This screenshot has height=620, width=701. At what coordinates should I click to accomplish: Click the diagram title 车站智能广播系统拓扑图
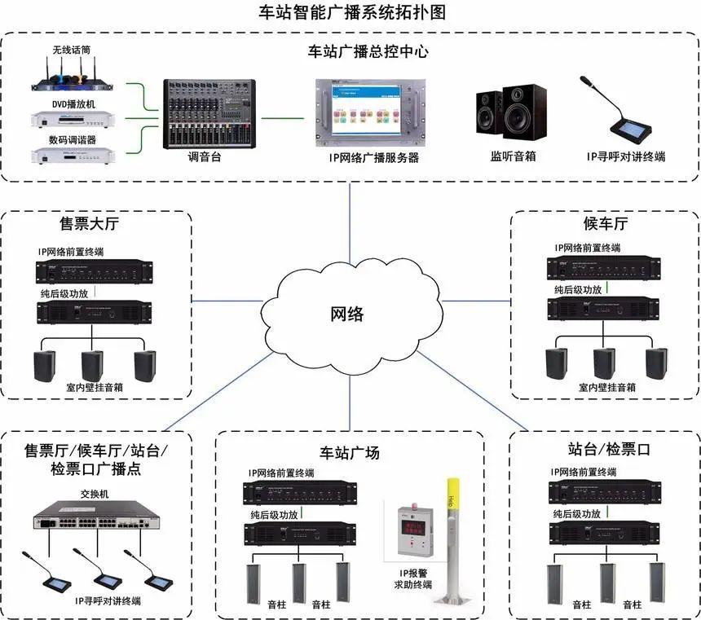coord(350,13)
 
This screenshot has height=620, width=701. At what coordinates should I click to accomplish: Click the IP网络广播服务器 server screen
coord(364,110)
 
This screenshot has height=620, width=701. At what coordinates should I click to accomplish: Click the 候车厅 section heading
coord(604,223)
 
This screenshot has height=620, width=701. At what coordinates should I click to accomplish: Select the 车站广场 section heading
coord(350,453)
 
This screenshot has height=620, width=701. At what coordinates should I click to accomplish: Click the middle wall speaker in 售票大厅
coord(92,366)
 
